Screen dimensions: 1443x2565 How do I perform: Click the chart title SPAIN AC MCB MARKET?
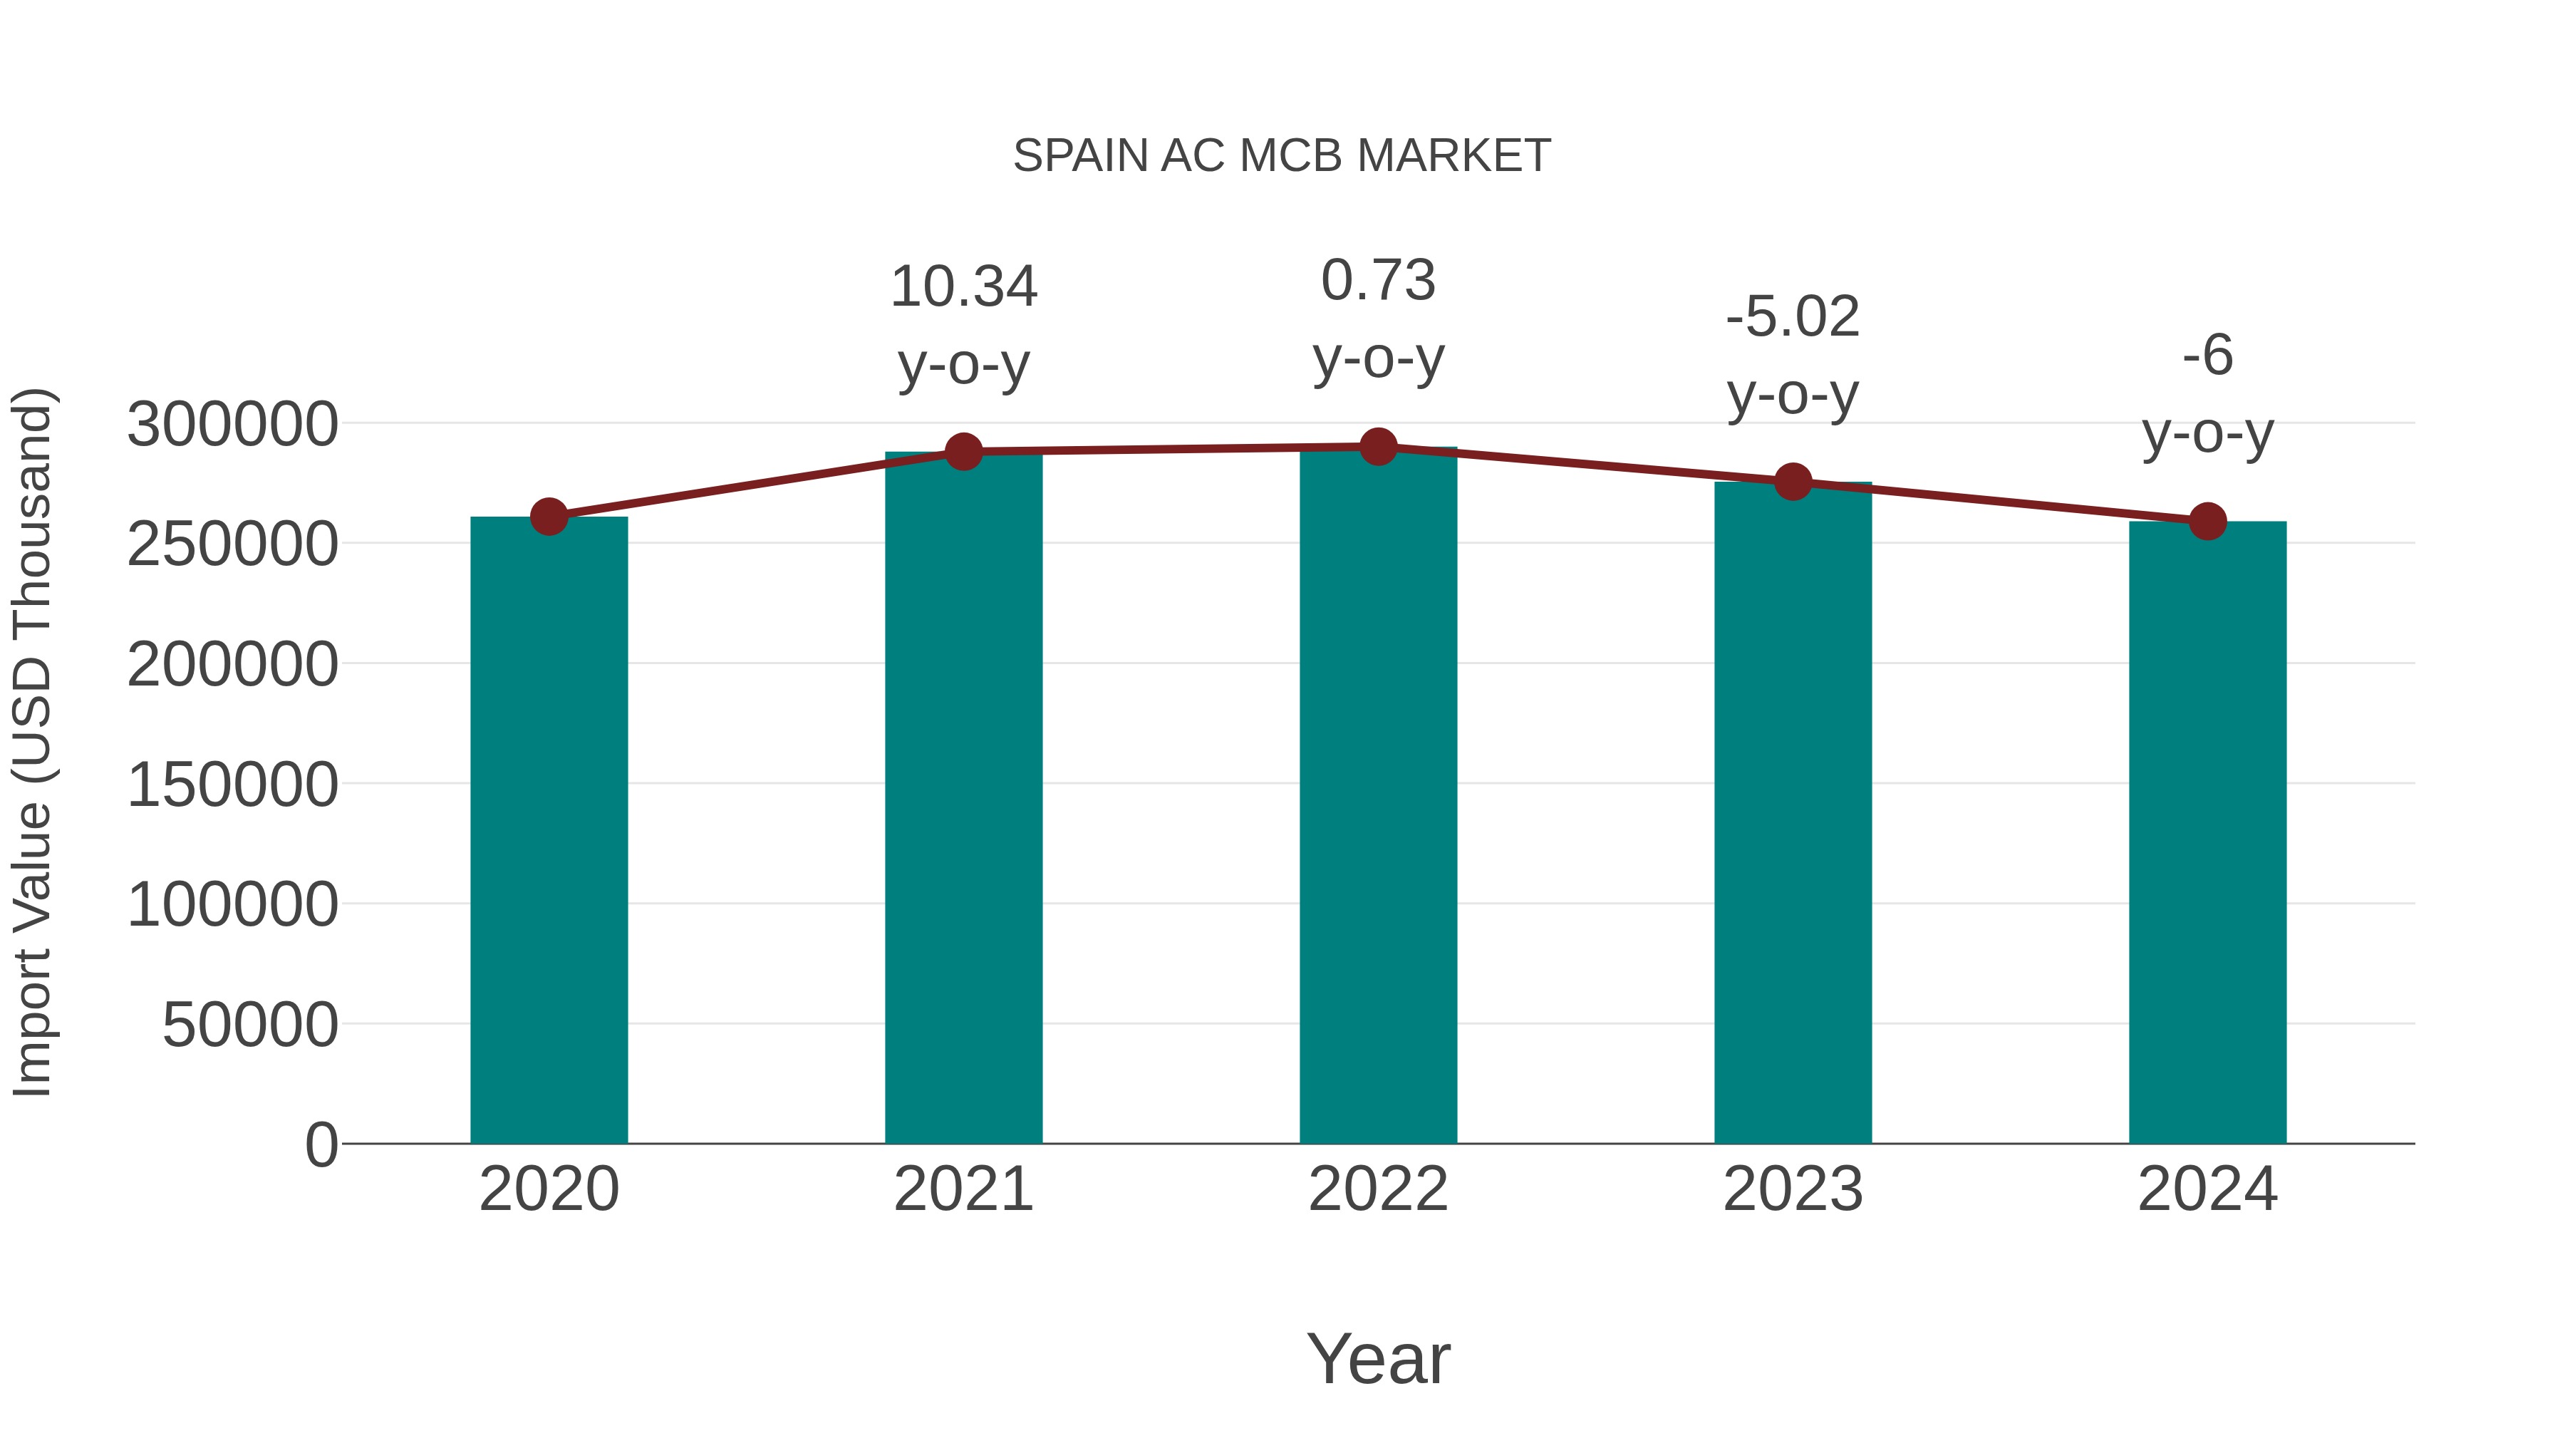click(1282, 156)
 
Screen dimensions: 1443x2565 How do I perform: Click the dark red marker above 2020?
click(549, 517)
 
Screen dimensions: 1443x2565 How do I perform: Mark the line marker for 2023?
click(1793, 482)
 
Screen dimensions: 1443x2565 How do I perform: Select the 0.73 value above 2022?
click(1378, 280)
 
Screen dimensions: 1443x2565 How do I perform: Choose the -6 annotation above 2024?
click(2207, 356)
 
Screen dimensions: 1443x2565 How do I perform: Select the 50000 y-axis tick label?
click(250, 1025)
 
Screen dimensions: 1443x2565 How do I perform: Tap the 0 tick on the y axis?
click(321, 1144)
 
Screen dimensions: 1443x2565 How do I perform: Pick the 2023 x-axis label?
click(1793, 1189)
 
